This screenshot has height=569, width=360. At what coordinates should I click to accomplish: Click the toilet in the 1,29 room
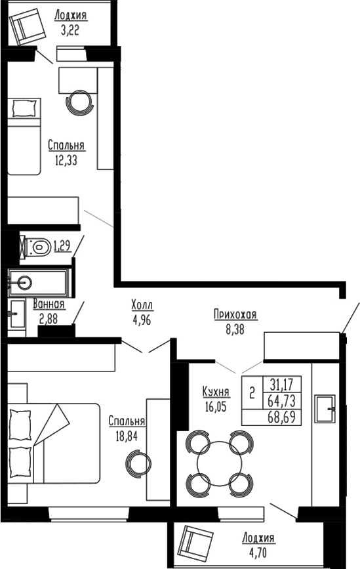(x=38, y=247)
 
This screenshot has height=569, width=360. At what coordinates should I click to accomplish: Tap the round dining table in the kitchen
(x=218, y=463)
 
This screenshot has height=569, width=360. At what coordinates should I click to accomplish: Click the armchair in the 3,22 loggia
(x=28, y=27)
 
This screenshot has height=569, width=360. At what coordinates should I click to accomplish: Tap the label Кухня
(x=216, y=392)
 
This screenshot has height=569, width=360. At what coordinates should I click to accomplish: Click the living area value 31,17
(x=283, y=385)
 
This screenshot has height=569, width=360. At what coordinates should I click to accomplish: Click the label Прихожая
(x=235, y=315)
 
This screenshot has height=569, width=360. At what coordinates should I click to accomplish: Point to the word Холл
(x=142, y=305)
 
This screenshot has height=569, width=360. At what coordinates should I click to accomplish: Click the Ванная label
(x=49, y=304)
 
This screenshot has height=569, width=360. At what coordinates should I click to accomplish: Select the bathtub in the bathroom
(x=39, y=283)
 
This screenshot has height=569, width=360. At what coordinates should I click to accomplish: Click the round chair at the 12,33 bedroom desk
(x=80, y=102)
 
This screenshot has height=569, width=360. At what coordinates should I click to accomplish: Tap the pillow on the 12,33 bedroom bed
(x=23, y=107)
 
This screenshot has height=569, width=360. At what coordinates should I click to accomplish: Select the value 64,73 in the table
(x=283, y=401)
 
